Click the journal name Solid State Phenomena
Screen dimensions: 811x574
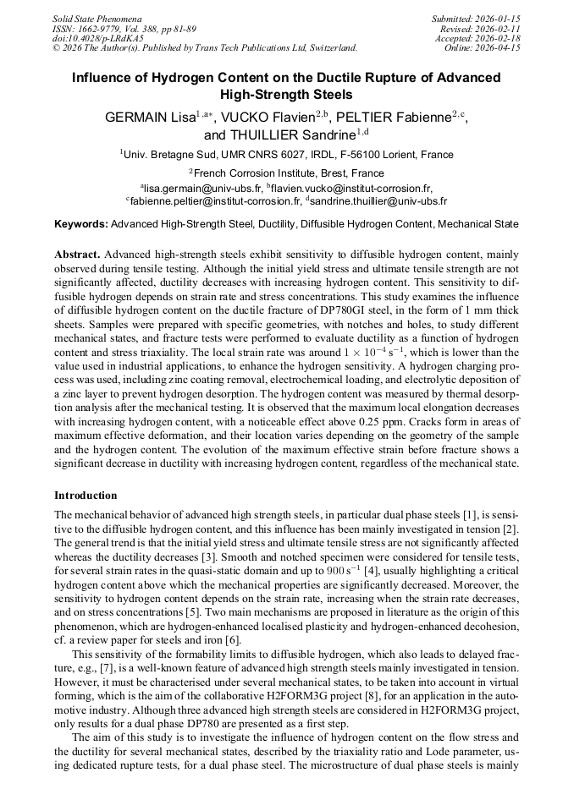point(97,18)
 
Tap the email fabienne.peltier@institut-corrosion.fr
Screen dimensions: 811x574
point(216,202)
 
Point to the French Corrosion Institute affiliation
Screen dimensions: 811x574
point(289,173)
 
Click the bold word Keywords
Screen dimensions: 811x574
point(81,225)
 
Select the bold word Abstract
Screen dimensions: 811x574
point(77,254)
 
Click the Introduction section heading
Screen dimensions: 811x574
point(86,495)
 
